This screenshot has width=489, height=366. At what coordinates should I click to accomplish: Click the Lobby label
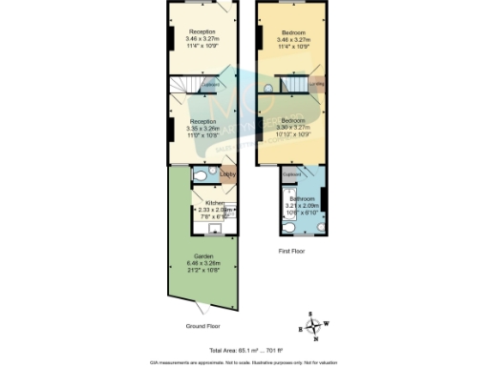(x=228, y=174)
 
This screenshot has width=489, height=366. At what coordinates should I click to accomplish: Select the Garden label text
(x=203, y=256)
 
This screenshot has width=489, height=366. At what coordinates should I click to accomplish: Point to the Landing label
(x=317, y=84)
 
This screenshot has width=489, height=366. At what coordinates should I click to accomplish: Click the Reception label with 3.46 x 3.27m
(x=202, y=31)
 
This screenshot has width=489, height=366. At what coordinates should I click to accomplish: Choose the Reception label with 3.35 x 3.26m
(x=202, y=122)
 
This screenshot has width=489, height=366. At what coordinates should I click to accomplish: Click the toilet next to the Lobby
(x=201, y=176)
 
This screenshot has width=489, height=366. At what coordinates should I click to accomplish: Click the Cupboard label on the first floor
(x=293, y=174)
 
